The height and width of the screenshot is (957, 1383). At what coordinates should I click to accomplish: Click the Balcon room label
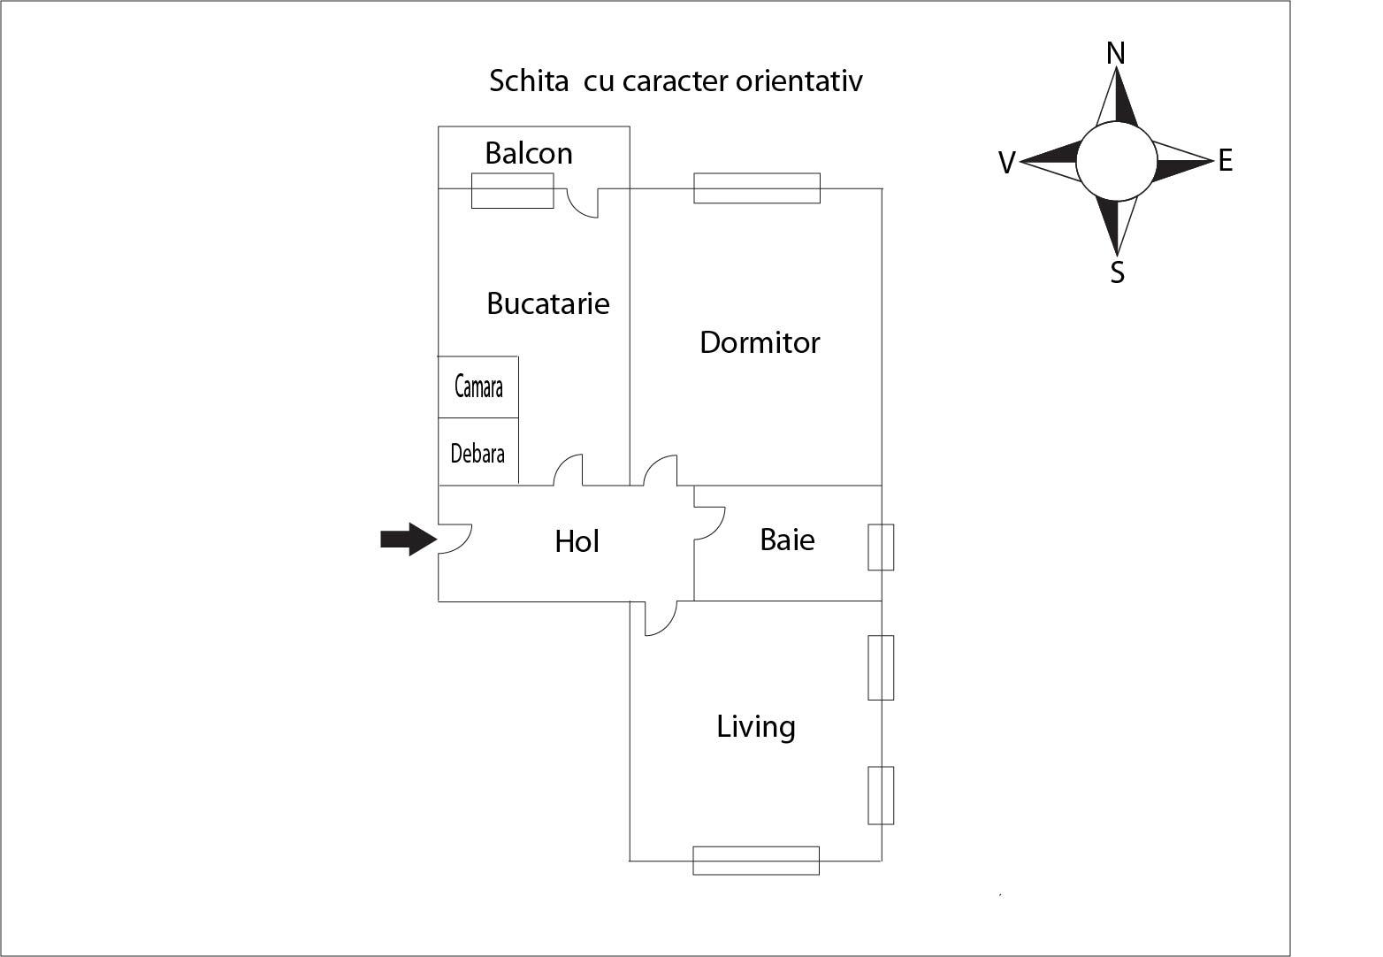click(x=529, y=154)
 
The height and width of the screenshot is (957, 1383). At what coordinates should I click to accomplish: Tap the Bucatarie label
click(x=548, y=304)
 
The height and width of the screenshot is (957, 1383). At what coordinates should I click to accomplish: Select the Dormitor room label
click(x=760, y=343)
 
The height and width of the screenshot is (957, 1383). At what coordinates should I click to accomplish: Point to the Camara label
click(x=478, y=387)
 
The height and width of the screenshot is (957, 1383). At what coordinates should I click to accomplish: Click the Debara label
click(x=478, y=454)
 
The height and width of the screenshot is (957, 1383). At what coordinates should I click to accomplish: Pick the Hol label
click(x=577, y=541)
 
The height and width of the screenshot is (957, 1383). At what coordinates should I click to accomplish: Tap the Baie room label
click(x=787, y=540)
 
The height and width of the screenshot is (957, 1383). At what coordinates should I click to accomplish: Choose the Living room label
click(x=755, y=727)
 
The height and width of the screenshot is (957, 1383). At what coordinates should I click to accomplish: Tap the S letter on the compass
click(x=1117, y=273)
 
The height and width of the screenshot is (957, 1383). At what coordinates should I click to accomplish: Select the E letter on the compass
click(x=1225, y=161)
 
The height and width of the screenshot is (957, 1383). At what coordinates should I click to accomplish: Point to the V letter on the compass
click(x=1005, y=163)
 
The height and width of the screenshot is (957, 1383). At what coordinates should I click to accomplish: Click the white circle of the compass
click(x=1116, y=162)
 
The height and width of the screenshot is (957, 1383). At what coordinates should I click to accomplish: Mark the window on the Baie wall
click(x=881, y=547)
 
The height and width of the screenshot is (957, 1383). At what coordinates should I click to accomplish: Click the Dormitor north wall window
click(x=757, y=188)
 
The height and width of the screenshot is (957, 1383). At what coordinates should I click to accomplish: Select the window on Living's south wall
click(x=756, y=861)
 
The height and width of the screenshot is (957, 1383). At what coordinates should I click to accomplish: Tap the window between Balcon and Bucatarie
click(x=512, y=191)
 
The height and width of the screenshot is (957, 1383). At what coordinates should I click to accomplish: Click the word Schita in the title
click(x=529, y=81)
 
